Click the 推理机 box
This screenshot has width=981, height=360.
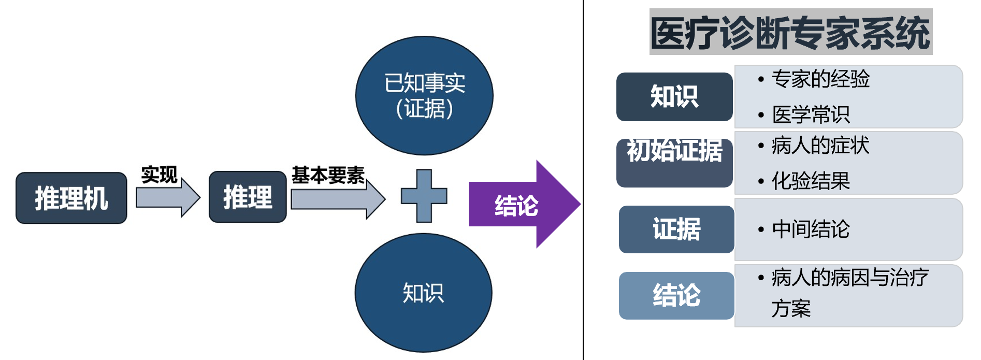tap(71, 198)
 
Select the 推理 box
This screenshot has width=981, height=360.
tap(248, 197)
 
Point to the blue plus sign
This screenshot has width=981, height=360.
tap(424, 196)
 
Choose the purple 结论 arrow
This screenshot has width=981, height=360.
tap(523, 205)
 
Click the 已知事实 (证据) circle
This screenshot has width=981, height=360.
tap(424, 95)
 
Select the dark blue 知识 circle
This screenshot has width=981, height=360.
tap(423, 293)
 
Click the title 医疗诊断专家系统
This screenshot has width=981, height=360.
tap(790, 32)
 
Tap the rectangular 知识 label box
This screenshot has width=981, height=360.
tap(674, 97)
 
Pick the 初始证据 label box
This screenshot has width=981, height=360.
tap(674, 163)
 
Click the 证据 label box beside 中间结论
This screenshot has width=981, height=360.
tap(676, 229)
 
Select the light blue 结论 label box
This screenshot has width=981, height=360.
tap(676, 295)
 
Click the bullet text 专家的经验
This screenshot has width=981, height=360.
tap(820, 79)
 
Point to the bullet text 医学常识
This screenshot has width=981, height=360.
tap(811, 114)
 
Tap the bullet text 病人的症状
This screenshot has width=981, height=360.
tap(820, 146)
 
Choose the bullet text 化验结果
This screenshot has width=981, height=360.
tap(811, 181)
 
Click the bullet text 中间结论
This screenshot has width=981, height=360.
tap(811, 229)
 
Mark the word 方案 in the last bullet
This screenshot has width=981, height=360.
tap(791, 309)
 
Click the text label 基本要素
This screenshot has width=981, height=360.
tap(328, 175)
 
